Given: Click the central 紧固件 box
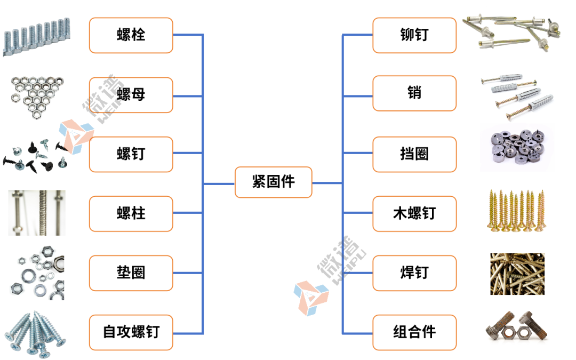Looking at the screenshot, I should [x=273, y=182].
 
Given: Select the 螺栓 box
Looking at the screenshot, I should [x=131, y=35].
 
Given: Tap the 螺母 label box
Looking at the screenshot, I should [x=131, y=95].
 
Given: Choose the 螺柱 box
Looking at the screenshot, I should [x=131, y=213].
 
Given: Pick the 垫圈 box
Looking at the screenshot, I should [x=131, y=273].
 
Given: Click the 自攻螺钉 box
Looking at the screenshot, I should [x=131, y=332].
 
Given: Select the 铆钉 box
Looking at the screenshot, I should [x=414, y=35].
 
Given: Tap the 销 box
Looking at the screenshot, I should [x=414, y=93].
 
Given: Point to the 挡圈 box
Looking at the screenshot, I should [x=414, y=154].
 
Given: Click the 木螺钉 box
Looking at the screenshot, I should [x=414, y=213].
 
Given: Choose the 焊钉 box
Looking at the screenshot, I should [x=414, y=273].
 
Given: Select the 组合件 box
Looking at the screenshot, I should [x=414, y=332].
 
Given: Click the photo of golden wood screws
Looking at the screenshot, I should [x=517, y=211].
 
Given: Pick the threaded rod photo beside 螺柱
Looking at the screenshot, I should [x=36, y=212].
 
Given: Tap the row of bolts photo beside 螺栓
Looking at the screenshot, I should [x=36, y=37].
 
